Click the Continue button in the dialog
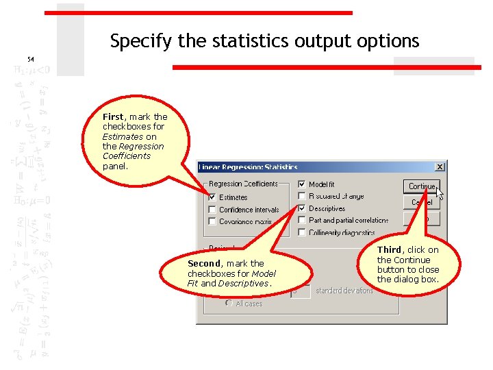[x=421, y=186]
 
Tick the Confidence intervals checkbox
[x=212, y=210]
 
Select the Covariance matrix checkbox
[x=212, y=221]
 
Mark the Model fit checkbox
[x=302, y=185]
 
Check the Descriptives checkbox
[x=302, y=208]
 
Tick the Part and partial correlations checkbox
[x=302, y=220]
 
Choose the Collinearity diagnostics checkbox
[x=302, y=232]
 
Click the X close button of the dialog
[x=440, y=166]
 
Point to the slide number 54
[x=31, y=60]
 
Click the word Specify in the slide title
[x=140, y=42]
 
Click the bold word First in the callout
[x=113, y=117]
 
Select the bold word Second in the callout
[x=203, y=264]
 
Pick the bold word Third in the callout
[x=389, y=250]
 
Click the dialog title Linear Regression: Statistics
[x=249, y=166]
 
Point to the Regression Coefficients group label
[x=243, y=184]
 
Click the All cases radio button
[x=229, y=304]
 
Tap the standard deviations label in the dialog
[x=344, y=291]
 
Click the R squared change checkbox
[x=302, y=197]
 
